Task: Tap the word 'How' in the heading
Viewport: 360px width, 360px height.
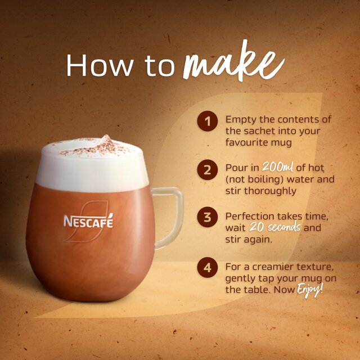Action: (x=93, y=66)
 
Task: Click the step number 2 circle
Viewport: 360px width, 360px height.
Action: (x=208, y=169)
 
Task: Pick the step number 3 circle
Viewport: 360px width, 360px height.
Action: (x=208, y=218)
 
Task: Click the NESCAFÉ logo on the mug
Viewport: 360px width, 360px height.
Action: (x=88, y=221)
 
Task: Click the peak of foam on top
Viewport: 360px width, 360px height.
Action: (x=105, y=138)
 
